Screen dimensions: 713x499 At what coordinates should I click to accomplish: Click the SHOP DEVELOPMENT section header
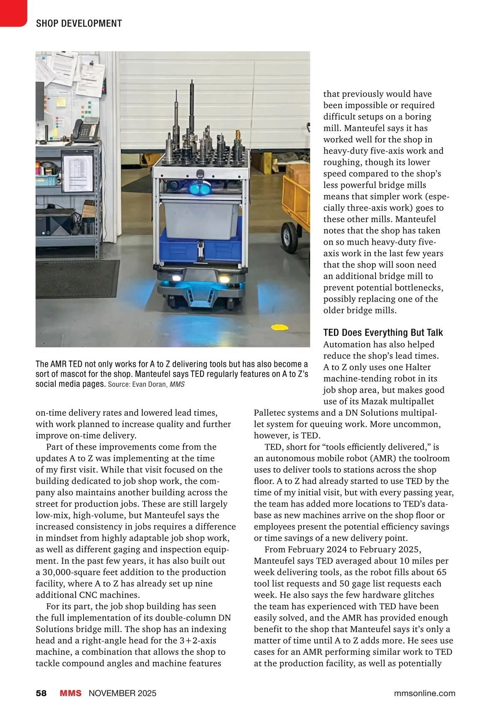tap(79, 24)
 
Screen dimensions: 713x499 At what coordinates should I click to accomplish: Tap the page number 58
tap(41, 693)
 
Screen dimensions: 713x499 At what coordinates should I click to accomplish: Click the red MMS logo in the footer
tap(71, 693)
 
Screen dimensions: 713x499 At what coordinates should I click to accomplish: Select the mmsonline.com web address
tap(425, 693)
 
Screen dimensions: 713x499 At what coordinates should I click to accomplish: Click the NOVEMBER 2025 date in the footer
tap(123, 693)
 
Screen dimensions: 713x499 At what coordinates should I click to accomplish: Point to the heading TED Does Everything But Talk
tap(383, 333)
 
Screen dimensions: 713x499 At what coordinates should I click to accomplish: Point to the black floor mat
tap(77, 278)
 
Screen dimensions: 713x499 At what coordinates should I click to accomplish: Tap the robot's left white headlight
tap(177, 278)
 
